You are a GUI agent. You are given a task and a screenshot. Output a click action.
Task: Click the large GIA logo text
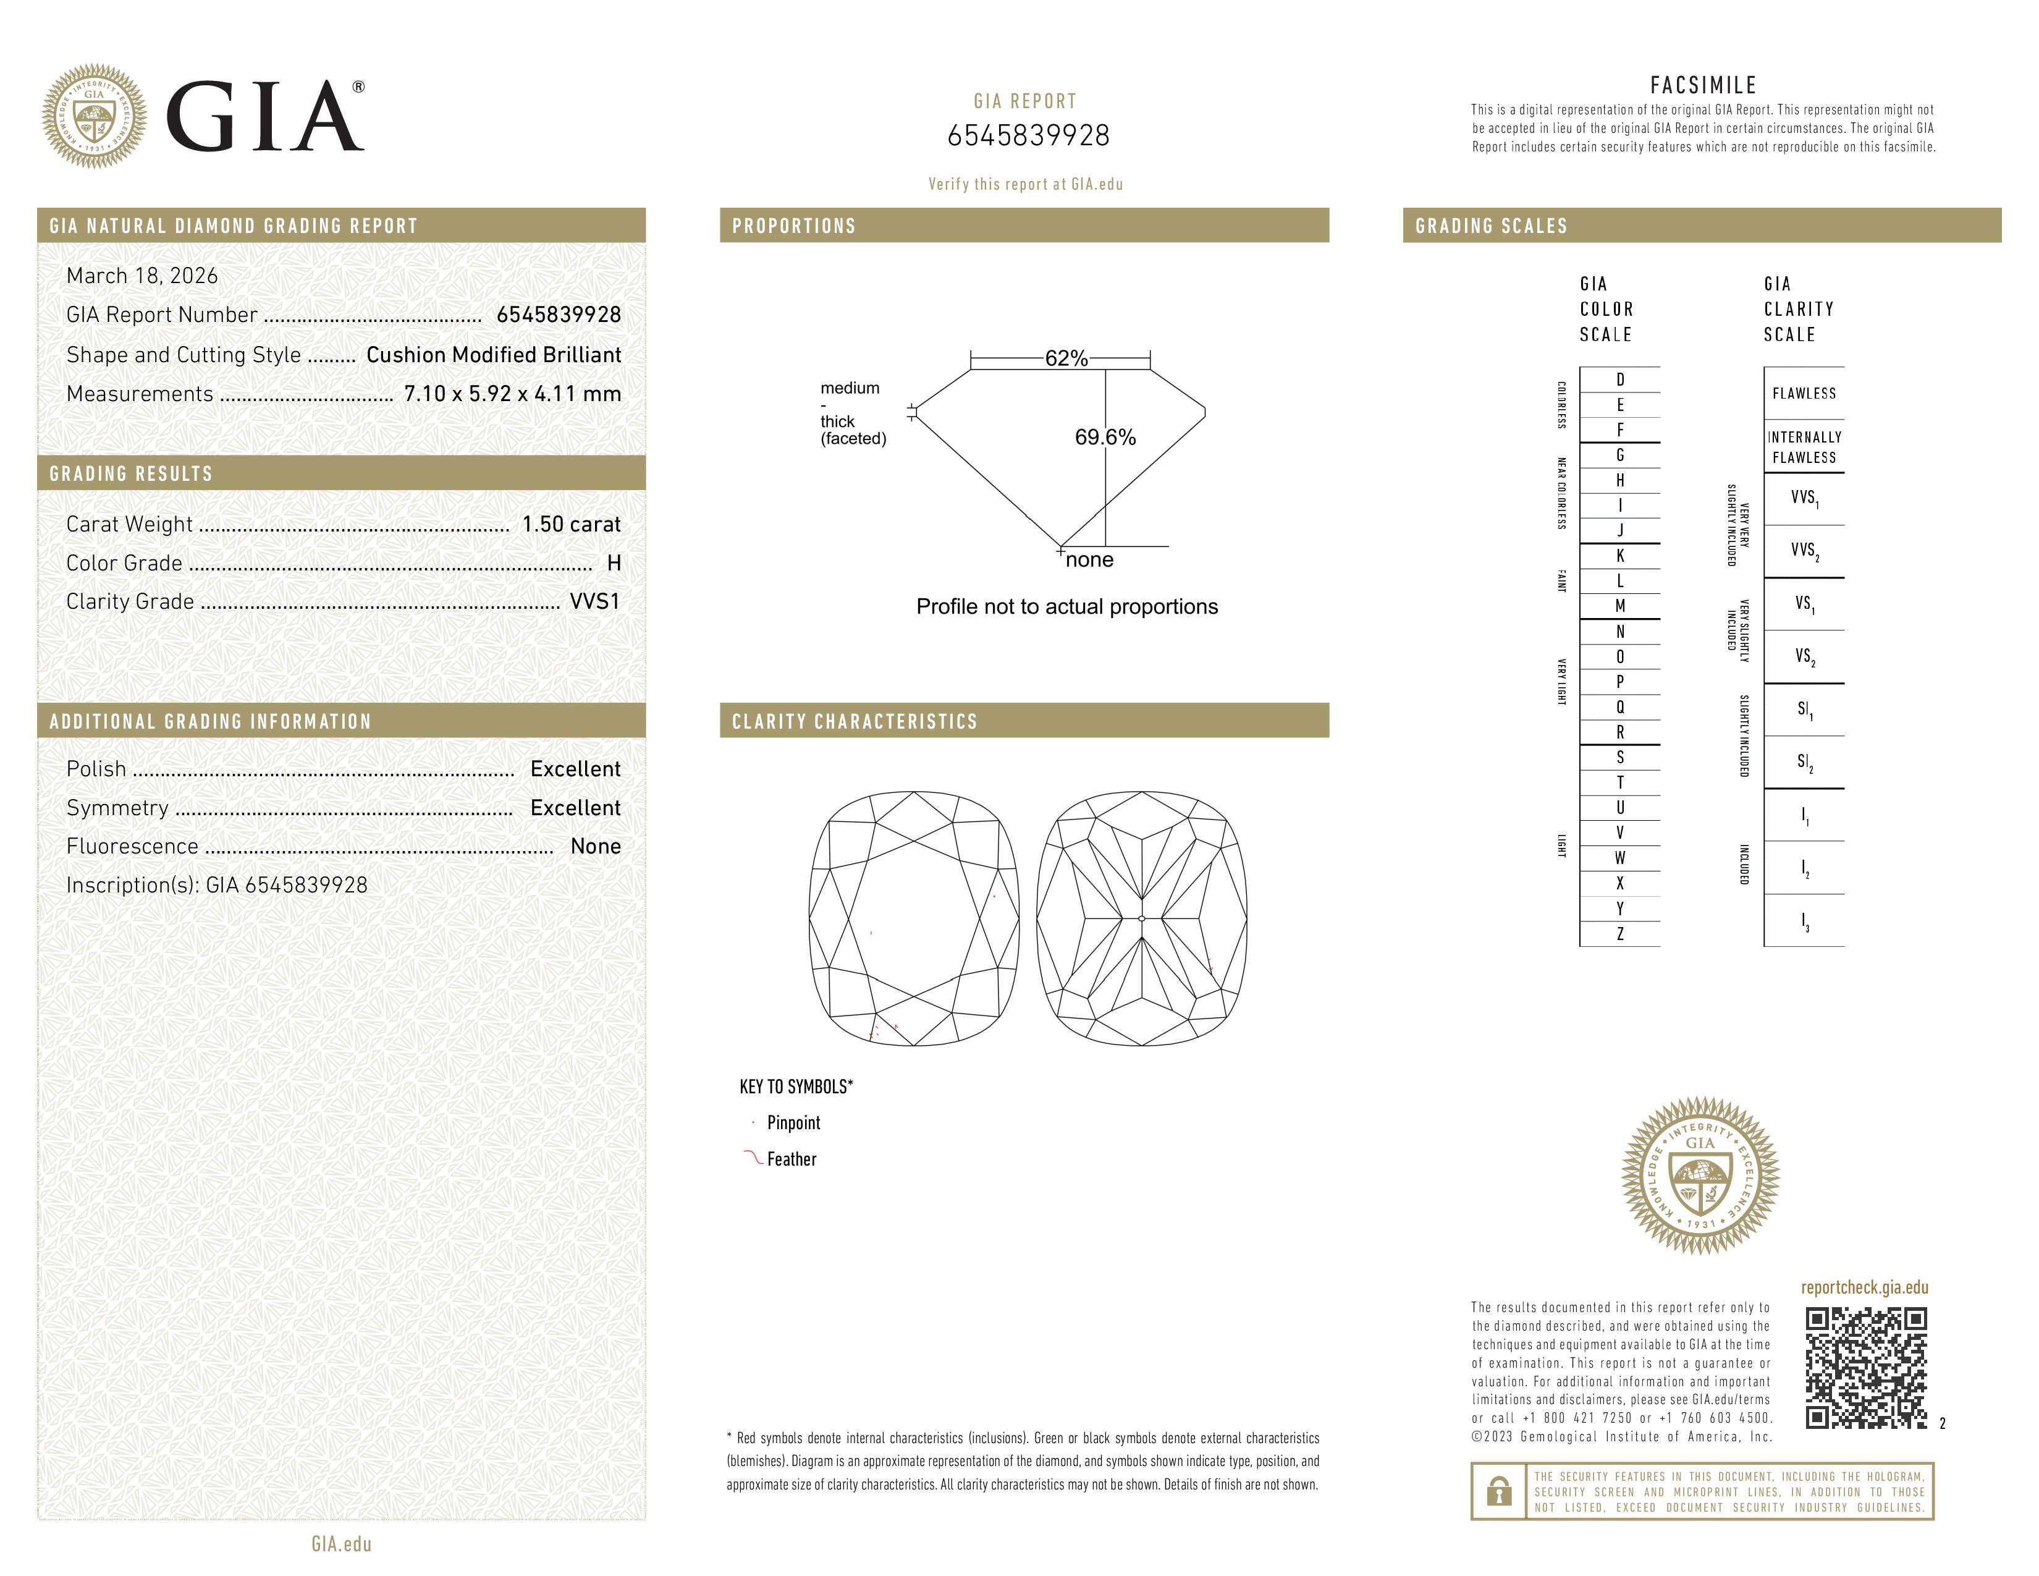click(x=264, y=117)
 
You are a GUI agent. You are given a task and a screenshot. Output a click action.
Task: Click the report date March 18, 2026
click(x=142, y=276)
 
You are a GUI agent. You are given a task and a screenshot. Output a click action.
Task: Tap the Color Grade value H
click(x=614, y=563)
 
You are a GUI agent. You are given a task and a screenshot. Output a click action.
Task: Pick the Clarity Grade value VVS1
click(x=594, y=602)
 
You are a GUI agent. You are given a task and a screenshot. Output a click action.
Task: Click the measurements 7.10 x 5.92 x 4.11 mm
click(x=512, y=394)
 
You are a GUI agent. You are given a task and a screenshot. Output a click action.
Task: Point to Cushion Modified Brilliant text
click(x=493, y=355)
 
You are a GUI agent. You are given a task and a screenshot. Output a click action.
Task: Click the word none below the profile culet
click(x=1089, y=560)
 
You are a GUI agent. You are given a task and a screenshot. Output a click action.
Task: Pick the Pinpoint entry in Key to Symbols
click(x=793, y=1123)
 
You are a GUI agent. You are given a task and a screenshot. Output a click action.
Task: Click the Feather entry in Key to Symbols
click(x=791, y=1159)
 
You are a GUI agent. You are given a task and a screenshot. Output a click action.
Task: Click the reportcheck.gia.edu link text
click(x=1864, y=1287)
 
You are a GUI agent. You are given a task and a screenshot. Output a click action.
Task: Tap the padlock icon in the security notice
click(x=1498, y=1491)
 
